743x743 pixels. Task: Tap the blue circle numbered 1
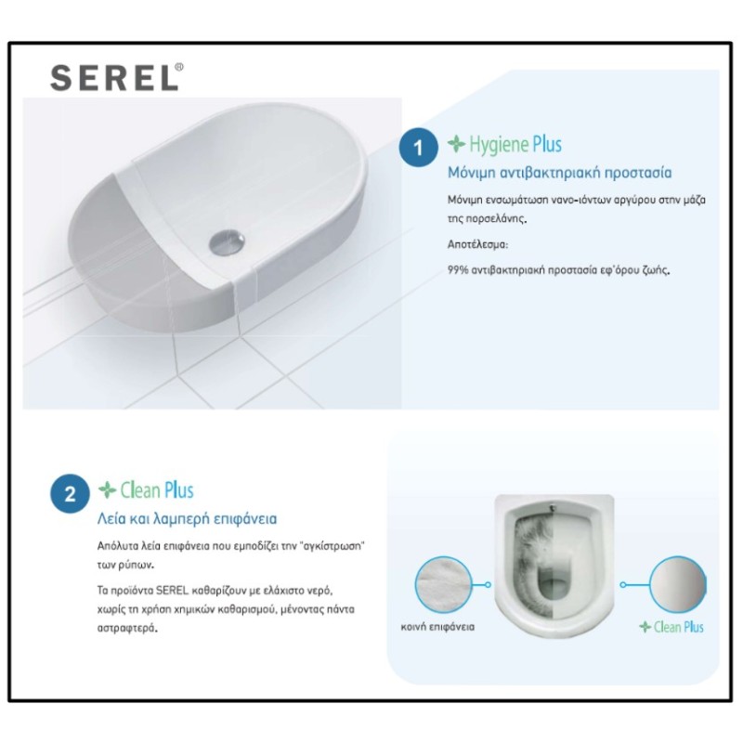(x=418, y=149)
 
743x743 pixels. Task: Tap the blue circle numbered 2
(x=70, y=493)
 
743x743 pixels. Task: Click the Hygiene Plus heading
(x=515, y=145)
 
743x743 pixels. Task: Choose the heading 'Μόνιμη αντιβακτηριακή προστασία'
(x=559, y=173)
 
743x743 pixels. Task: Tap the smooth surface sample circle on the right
(x=677, y=584)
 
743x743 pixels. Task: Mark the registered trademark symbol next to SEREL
(x=178, y=67)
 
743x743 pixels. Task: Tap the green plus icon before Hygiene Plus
(x=456, y=144)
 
